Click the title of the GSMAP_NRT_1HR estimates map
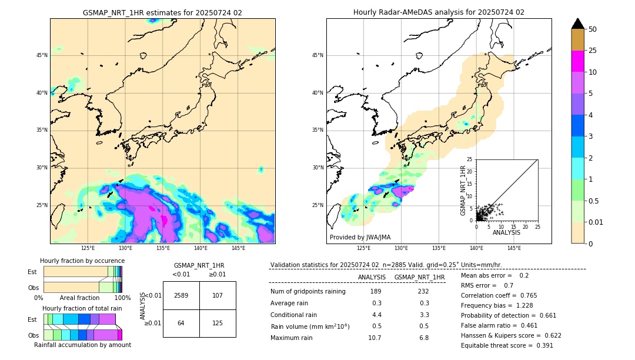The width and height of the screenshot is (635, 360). point(162,12)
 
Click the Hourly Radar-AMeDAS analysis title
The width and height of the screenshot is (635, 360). point(439,12)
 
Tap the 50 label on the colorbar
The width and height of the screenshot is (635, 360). point(593,29)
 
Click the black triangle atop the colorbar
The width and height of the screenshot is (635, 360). point(578,24)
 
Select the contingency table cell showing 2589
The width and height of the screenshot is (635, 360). point(181,295)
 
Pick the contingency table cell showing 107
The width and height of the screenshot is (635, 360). point(218,295)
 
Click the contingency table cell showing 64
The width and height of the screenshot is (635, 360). point(181,323)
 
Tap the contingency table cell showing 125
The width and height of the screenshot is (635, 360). point(218,323)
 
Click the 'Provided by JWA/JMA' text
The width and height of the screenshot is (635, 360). point(360,237)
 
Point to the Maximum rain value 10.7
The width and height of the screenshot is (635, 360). point(375,338)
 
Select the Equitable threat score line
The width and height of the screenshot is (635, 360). point(507,345)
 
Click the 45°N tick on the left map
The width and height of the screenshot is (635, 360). point(42,55)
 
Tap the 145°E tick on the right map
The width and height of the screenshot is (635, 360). point(514,248)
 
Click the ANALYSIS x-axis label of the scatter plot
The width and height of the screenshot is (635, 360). point(506,232)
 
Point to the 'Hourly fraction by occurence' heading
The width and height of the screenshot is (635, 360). point(82,261)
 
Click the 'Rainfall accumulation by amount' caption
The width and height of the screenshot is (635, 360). point(82,345)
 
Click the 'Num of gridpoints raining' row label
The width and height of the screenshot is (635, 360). point(308,291)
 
